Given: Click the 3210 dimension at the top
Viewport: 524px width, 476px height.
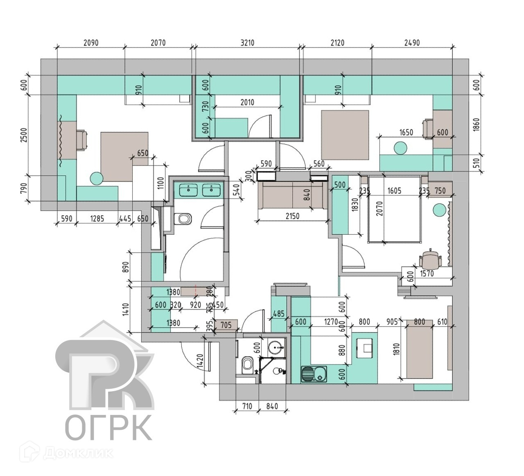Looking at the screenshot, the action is (247, 43).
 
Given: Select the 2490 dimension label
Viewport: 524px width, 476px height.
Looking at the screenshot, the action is (412, 43).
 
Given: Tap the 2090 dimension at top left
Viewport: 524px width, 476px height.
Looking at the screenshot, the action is (90, 43).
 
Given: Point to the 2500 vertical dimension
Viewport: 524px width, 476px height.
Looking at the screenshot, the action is (24, 136).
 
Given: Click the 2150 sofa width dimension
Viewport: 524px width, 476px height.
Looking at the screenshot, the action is (292, 216).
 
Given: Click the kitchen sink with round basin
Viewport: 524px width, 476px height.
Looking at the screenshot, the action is (314, 373).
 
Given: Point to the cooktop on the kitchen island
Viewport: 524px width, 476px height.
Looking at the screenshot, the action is (366, 347).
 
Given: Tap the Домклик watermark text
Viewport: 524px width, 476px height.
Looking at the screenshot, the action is (78, 453).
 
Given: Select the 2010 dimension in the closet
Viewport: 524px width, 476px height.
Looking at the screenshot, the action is (247, 102).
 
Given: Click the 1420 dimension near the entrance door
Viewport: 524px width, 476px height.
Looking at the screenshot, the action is (201, 362).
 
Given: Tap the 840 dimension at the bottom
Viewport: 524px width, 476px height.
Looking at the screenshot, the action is (272, 406).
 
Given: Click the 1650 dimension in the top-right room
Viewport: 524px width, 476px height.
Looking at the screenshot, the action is (406, 132).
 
